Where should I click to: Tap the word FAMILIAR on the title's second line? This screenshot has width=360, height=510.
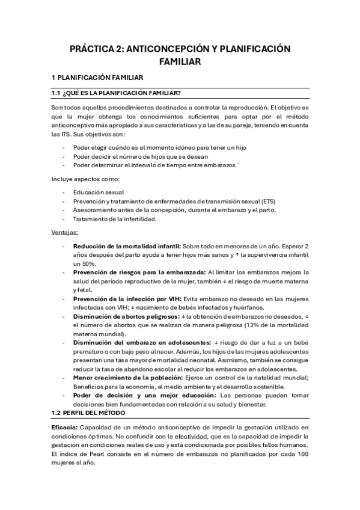(x=180, y=61)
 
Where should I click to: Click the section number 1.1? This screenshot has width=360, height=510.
(x=57, y=93)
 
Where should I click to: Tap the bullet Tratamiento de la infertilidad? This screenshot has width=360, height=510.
(x=114, y=219)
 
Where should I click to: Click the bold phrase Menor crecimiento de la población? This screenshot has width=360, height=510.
(x=124, y=377)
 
